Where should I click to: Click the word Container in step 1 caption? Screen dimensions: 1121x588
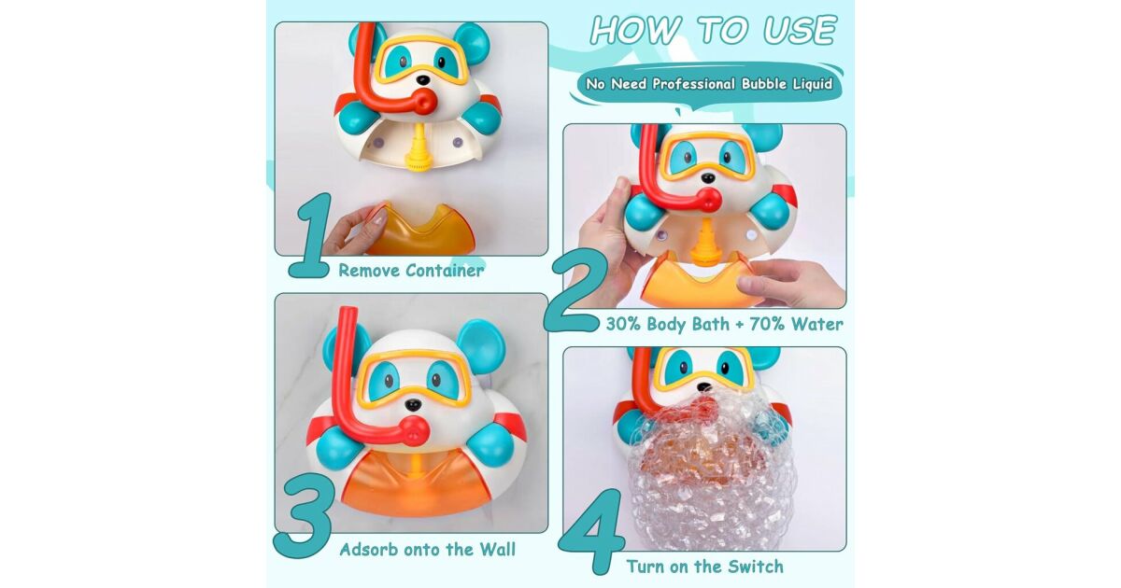(445, 271)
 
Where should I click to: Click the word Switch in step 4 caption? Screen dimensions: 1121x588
(756, 567)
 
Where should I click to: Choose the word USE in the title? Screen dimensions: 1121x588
(800, 31)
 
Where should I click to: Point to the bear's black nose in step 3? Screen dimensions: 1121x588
(412, 404)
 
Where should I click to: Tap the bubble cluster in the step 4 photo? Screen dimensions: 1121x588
(711, 468)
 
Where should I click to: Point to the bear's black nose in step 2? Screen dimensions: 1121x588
(708, 177)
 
